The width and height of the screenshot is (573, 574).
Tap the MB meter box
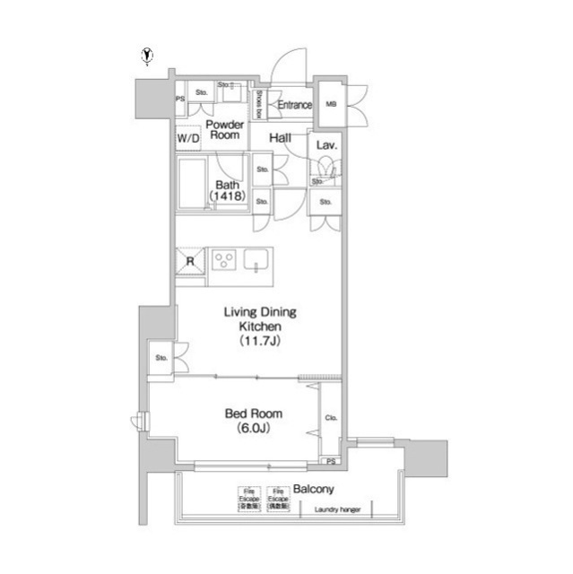tap(330, 105)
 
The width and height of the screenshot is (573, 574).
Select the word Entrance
tap(294, 105)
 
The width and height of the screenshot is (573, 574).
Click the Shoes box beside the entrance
tap(258, 105)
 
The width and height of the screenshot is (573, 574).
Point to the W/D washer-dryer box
tap(187, 140)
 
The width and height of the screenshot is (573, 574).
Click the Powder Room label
tap(223, 129)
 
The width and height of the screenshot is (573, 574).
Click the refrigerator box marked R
tap(190, 261)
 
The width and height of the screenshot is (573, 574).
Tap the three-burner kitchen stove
tap(224, 261)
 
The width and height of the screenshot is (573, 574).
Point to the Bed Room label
tap(253, 413)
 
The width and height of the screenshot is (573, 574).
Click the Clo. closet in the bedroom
tap(330, 417)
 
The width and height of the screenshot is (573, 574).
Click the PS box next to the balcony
tap(331, 462)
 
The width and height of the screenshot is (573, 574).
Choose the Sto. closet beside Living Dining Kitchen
tap(162, 358)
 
